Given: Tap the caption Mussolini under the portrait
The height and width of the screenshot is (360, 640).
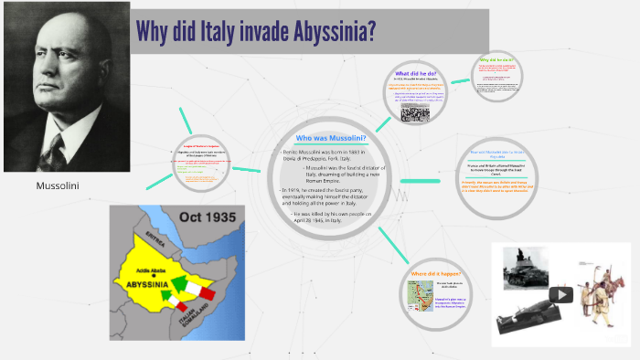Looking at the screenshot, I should pyautogui.click(x=58, y=185).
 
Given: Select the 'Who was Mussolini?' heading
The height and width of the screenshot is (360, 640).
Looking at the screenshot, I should pyautogui.click(x=331, y=138).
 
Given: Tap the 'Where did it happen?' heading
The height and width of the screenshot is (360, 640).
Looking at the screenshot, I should pyautogui.click(x=436, y=274).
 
